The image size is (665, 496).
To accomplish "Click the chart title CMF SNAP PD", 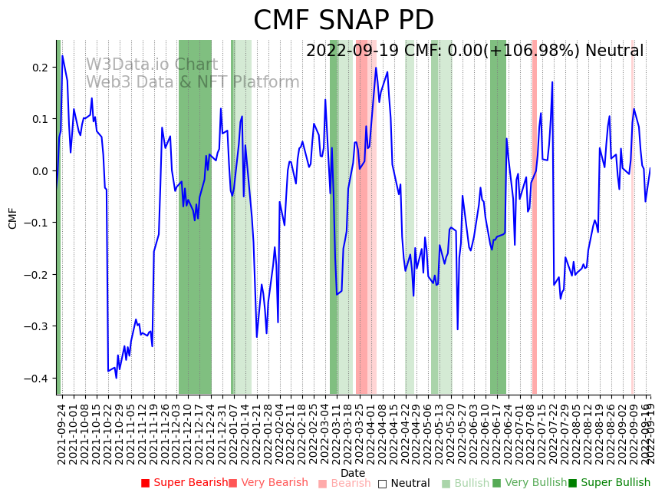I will [344, 21].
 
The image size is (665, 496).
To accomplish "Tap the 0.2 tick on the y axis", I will [39, 68].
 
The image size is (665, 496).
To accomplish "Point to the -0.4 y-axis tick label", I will [36, 379].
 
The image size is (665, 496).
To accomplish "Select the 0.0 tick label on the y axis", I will [39, 171].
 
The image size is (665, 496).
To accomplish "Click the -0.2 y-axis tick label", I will [36, 275].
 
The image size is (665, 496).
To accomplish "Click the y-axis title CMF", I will [13, 217].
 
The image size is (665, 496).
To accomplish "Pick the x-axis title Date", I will [353, 473].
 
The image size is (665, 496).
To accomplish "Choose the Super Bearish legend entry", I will [184, 483].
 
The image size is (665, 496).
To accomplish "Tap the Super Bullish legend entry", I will [609, 483].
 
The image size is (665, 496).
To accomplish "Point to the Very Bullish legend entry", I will [529, 483].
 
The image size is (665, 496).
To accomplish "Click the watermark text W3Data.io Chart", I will [152, 65].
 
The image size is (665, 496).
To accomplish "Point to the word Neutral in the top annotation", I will [614, 51].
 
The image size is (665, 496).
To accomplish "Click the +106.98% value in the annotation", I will [538, 51].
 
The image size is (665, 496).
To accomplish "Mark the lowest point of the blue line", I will [116, 378].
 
